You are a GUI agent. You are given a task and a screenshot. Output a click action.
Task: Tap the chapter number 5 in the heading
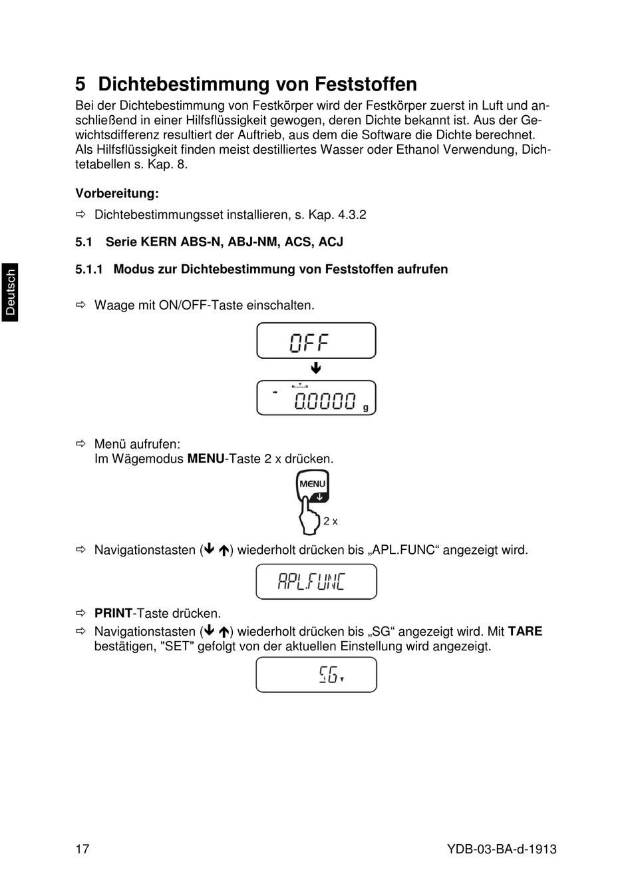[80, 85]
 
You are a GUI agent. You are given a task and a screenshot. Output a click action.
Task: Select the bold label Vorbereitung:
[117, 194]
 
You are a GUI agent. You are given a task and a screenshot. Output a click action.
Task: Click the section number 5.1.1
[89, 269]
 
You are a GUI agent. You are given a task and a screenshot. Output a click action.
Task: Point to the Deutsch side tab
[10, 292]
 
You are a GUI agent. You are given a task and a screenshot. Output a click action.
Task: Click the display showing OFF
[316, 341]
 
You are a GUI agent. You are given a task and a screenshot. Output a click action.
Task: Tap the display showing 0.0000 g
[316, 398]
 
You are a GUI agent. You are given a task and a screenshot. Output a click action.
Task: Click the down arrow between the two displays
[316, 369]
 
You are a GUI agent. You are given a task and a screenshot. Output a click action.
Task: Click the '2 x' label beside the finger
[331, 521]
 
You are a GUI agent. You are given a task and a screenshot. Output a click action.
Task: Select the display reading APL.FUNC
[316, 582]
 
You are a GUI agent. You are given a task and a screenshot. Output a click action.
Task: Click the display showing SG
[316, 675]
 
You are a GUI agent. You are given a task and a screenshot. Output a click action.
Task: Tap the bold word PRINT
[113, 613]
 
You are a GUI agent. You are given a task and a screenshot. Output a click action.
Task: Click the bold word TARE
[525, 631]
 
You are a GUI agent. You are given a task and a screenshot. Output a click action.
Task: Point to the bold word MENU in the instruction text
[206, 459]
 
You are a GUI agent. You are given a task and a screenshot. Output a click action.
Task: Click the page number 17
[82, 849]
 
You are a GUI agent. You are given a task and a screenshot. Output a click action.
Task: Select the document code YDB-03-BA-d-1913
[502, 849]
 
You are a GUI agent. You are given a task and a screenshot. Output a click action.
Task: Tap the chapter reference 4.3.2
[352, 215]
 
